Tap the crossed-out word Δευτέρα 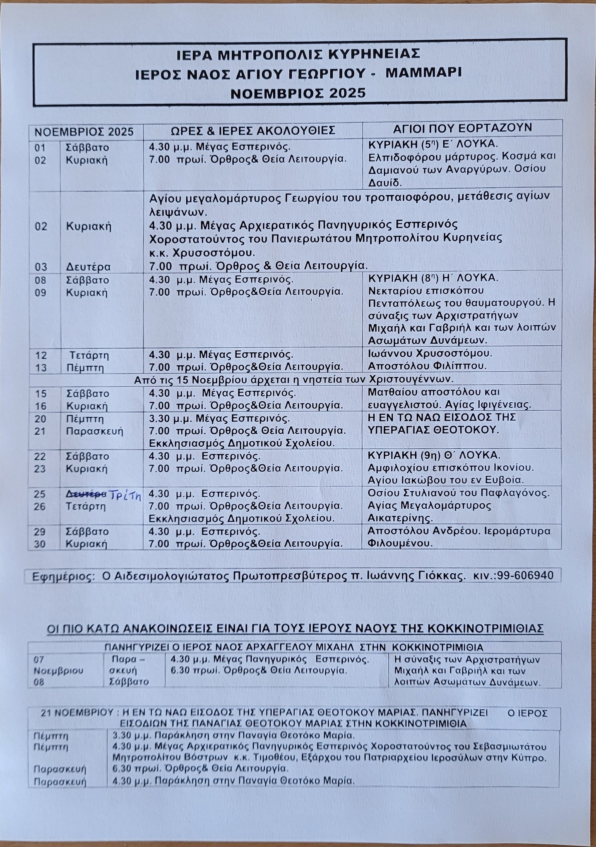tap(86, 494)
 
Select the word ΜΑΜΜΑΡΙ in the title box tap(423, 73)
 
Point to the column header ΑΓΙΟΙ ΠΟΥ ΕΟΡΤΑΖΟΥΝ tap(462, 128)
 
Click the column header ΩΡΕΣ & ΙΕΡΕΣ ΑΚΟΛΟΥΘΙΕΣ tap(253, 131)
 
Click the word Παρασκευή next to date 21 tap(95, 431)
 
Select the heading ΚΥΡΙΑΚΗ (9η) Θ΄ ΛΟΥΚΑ tap(434, 455)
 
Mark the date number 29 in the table tap(40, 531)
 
